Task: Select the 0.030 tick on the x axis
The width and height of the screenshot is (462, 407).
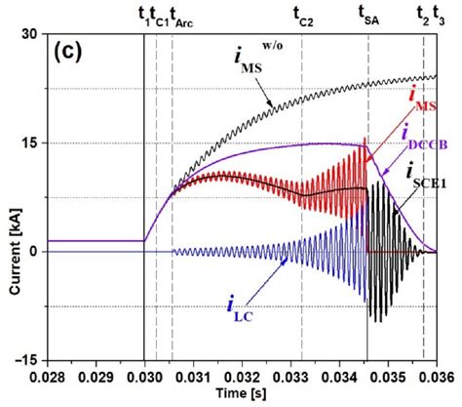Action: (144, 375)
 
